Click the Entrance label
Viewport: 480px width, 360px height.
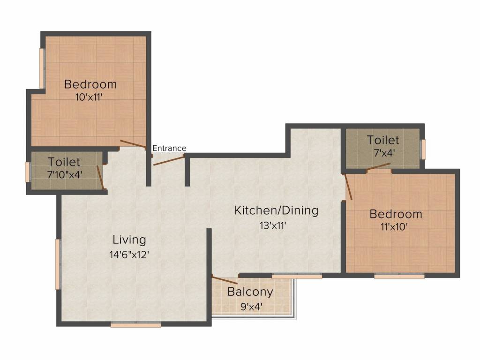pos(169,148)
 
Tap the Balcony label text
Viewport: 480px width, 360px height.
pos(250,292)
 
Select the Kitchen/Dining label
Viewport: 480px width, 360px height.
pos(276,210)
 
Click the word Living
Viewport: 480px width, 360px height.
pos(129,240)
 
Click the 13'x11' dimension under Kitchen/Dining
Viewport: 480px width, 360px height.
pos(273,225)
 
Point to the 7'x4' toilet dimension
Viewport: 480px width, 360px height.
pos(383,153)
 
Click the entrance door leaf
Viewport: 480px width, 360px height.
pos(169,159)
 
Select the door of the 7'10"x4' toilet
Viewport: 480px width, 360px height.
pos(100,177)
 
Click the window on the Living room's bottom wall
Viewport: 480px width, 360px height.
pos(136,324)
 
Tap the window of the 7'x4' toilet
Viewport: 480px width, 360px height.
pos(423,150)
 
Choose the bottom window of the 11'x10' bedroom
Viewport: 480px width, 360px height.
pos(399,276)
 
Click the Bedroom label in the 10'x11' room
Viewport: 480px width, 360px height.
pos(90,84)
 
